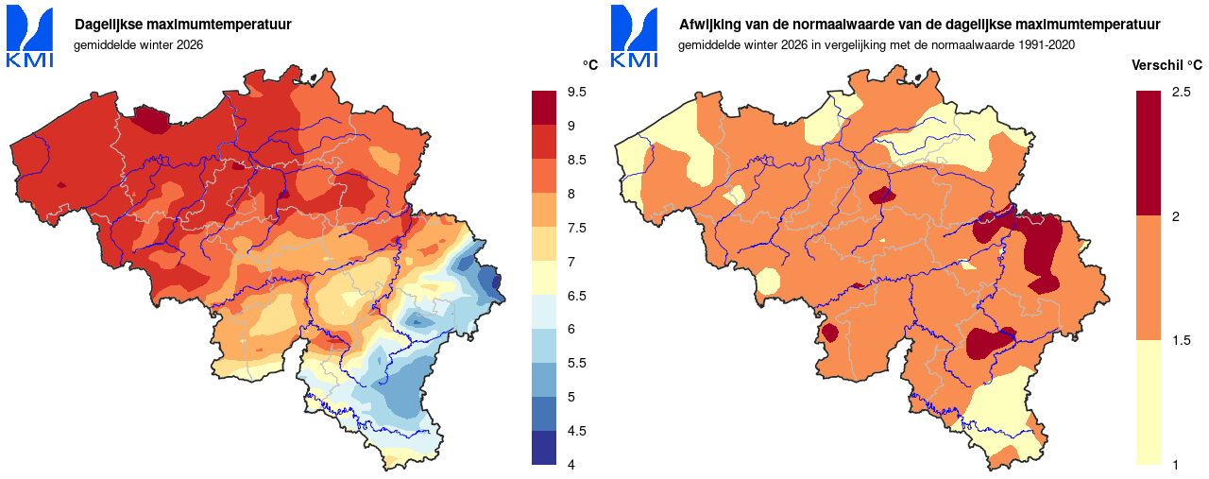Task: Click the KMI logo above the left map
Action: point(30,37)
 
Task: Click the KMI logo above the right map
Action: point(635,37)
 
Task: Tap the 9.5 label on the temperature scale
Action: point(577,93)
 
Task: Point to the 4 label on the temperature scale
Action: point(571,464)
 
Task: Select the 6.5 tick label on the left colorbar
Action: point(577,296)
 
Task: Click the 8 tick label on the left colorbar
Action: point(571,194)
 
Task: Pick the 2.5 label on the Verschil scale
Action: point(1181,93)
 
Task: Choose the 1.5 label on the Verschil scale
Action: point(1181,340)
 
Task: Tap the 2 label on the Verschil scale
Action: point(1176,216)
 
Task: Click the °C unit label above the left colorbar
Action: point(589,64)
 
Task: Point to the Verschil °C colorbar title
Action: point(1166,64)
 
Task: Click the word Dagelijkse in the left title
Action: point(111,25)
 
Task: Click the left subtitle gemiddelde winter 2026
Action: point(139,44)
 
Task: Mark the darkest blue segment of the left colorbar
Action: point(545,448)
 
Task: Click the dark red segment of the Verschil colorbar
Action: point(1149,152)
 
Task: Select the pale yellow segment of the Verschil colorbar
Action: point(1149,402)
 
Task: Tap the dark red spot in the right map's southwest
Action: point(830,333)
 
